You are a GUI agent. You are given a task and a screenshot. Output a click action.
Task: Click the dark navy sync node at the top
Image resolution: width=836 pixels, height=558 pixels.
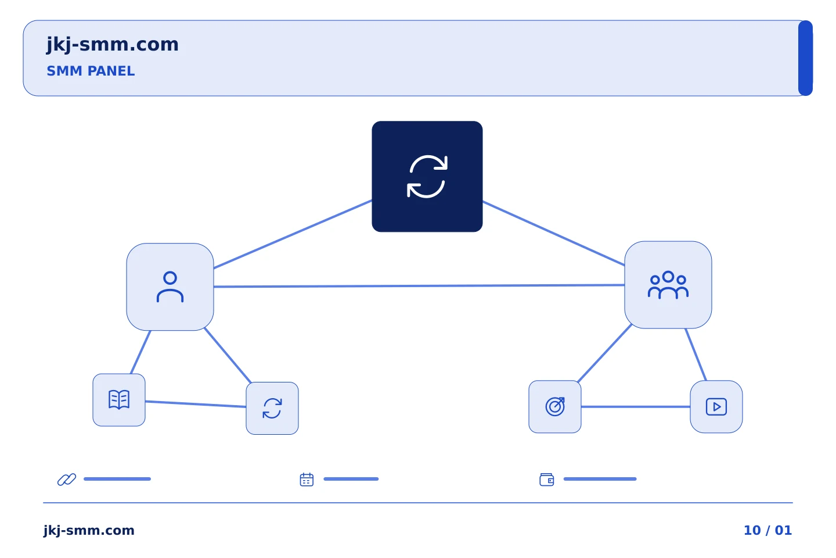[x=427, y=176]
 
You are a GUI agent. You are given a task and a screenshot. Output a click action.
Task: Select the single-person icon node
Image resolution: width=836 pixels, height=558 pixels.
[x=170, y=287]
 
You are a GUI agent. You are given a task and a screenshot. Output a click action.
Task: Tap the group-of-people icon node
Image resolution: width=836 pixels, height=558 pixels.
[x=668, y=285]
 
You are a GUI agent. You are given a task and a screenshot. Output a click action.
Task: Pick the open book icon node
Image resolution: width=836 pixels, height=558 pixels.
[x=119, y=400]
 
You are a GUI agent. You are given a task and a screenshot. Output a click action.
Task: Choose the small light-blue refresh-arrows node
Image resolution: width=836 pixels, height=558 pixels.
[x=272, y=408]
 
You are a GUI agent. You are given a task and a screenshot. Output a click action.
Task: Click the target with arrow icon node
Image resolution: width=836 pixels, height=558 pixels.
[x=555, y=407]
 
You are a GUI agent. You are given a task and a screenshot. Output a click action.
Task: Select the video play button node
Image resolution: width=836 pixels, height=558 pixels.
[x=716, y=407]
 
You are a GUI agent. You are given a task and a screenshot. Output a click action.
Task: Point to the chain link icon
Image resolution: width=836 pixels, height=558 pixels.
[x=67, y=479]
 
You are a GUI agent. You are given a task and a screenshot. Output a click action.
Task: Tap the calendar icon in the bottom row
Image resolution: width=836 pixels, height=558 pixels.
[x=307, y=480]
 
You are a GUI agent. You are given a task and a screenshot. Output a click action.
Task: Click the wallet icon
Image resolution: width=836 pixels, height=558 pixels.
[x=547, y=480]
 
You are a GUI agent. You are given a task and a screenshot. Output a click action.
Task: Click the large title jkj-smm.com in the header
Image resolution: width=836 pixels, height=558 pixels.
[x=113, y=45]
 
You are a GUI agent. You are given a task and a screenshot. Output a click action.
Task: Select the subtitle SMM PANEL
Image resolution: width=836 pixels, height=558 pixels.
[x=91, y=71]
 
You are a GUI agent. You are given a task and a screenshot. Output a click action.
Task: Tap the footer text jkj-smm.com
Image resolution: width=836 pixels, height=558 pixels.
[x=89, y=530]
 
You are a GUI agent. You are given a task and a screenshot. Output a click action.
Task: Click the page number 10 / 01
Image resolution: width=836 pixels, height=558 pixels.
[x=767, y=530]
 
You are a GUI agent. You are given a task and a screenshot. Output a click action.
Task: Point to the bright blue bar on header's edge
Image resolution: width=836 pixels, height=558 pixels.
[x=805, y=58]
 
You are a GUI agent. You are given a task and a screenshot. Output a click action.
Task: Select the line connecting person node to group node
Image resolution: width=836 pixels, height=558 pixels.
[x=419, y=286]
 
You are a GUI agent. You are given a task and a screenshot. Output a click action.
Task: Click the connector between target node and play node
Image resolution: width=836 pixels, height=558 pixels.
[x=636, y=407]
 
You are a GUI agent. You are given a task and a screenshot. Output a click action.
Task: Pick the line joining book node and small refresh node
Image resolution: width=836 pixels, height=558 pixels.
[x=196, y=404]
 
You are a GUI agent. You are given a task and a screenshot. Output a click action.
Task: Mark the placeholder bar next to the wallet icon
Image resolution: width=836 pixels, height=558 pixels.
[x=600, y=479]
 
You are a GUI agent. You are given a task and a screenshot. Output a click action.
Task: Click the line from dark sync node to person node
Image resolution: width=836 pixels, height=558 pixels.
[x=293, y=234]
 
